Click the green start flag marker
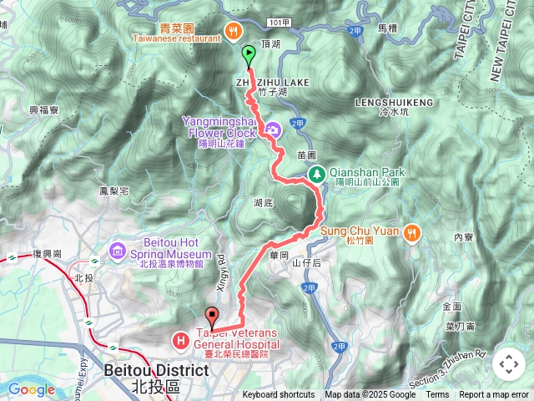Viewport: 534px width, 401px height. (249, 55)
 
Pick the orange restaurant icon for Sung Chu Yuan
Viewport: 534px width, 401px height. (411, 233)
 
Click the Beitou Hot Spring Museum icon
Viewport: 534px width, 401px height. (117, 251)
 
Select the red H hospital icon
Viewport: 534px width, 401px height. (180, 340)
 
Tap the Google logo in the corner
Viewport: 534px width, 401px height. (31, 389)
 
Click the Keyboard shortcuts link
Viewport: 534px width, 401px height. (279, 395)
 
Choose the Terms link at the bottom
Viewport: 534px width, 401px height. (437, 395)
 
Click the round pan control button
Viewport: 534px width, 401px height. (508, 364)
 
